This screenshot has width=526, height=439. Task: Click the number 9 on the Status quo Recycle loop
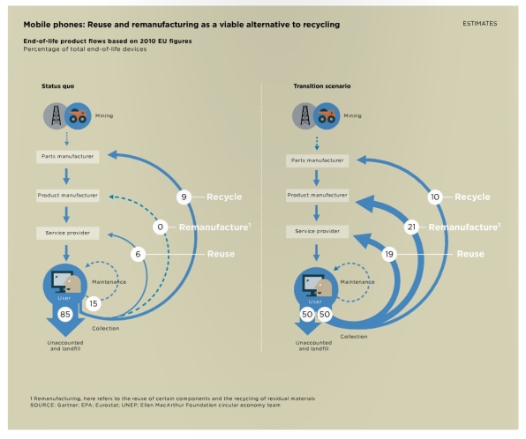(x=184, y=197)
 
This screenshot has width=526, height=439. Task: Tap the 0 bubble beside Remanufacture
(x=161, y=227)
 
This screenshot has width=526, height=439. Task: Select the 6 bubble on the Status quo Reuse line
(x=138, y=254)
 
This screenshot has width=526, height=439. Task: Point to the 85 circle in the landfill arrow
(x=65, y=314)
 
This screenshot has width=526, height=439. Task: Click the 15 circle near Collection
(x=94, y=303)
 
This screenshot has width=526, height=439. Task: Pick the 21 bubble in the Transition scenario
(x=411, y=227)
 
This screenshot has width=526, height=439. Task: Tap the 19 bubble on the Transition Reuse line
(x=389, y=254)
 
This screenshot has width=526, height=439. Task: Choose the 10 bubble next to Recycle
(x=435, y=197)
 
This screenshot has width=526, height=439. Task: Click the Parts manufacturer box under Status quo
(x=67, y=157)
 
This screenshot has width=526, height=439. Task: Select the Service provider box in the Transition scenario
(x=318, y=231)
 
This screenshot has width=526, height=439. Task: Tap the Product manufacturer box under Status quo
(x=67, y=196)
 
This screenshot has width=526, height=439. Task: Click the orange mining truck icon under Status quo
(x=78, y=116)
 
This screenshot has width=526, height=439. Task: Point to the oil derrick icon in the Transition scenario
(x=304, y=116)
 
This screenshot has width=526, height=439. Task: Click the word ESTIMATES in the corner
(x=480, y=24)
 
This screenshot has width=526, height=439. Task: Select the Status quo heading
(x=57, y=86)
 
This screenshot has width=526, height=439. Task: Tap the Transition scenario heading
(x=322, y=86)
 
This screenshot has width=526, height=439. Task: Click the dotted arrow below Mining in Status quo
(x=67, y=138)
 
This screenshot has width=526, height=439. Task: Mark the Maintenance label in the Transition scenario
(x=357, y=282)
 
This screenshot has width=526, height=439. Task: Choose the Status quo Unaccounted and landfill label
(x=65, y=346)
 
